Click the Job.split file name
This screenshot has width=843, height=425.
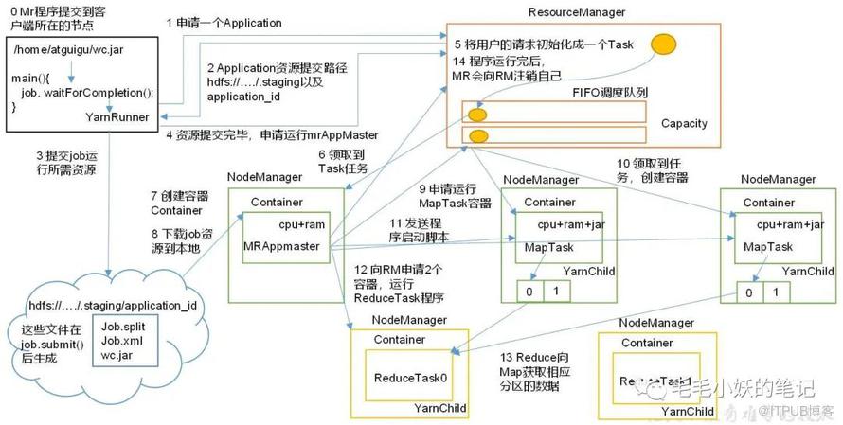tap(123, 326)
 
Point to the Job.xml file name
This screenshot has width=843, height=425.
tap(122, 340)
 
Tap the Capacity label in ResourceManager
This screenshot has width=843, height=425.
tap(684, 124)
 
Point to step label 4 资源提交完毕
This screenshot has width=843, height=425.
tap(272, 133)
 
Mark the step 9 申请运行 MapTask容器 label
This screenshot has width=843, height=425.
tap(455, 195)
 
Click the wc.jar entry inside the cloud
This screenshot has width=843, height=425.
tap(117, 355)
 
